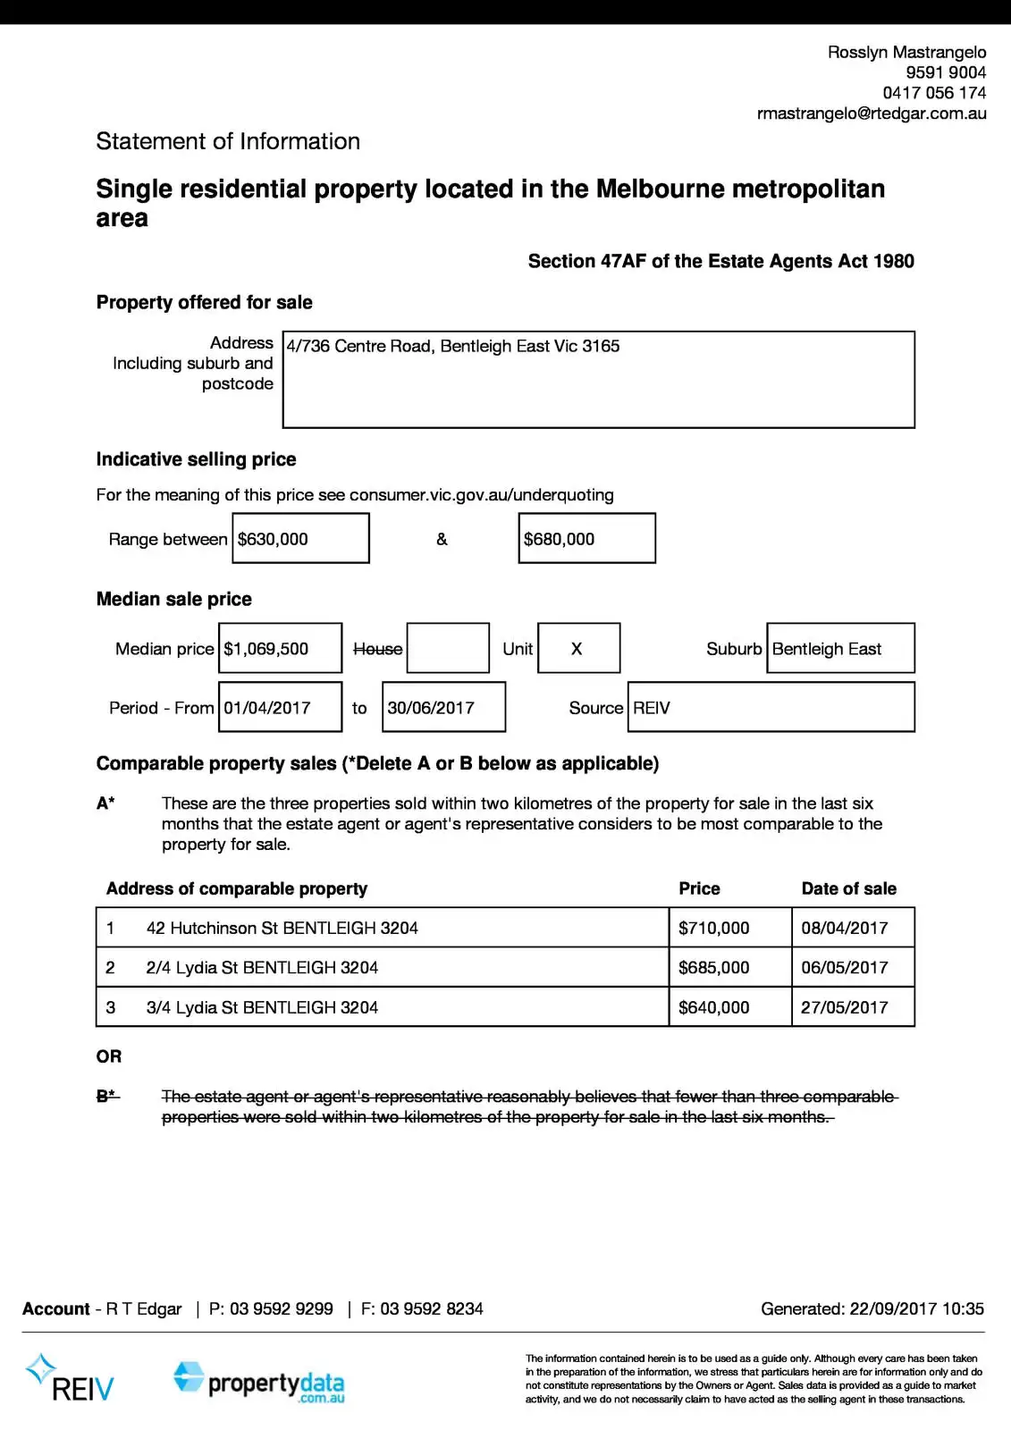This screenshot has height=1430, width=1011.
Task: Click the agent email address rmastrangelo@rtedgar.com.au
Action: (x=871, y=114)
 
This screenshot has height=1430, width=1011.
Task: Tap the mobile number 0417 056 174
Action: (x=934, y=93)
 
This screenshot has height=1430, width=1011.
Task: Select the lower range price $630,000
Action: (x=273, y=539)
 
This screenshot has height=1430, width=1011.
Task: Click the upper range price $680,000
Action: (x=559, y=539)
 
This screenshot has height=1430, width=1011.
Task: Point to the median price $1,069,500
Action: (x=266, y=649)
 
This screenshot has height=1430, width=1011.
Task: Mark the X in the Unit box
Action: (x=577, y=649)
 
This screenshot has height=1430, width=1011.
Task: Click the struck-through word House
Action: (x=377, y=649)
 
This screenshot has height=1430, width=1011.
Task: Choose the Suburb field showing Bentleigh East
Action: (x=827, y=649)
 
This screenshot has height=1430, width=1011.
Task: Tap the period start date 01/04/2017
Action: (x=266, y=708)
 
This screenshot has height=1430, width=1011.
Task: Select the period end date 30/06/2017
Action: (x=431, y=708)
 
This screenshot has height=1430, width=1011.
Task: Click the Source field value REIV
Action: (x=652, y=708)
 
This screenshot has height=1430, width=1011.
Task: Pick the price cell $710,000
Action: (x=713, y=928)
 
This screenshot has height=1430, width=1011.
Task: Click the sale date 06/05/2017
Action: (x=845, y=967)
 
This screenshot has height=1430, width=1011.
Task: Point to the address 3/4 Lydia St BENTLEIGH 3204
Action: (x=262, y=1007)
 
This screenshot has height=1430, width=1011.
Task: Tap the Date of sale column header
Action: (x=848, y=888)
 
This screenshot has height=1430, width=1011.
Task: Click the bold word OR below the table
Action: (x=109, y=1056)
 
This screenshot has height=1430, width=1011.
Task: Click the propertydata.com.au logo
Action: (x=259, y=1383)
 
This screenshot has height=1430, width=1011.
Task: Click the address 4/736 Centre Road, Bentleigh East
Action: (x=452, y=346)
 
